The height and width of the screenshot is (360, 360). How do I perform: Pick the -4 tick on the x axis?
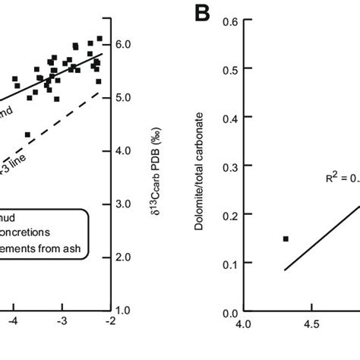[x=13, y=323]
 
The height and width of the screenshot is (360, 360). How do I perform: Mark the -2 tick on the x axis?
[x=110, y=323]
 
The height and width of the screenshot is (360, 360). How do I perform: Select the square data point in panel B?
[x=286, y=238]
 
